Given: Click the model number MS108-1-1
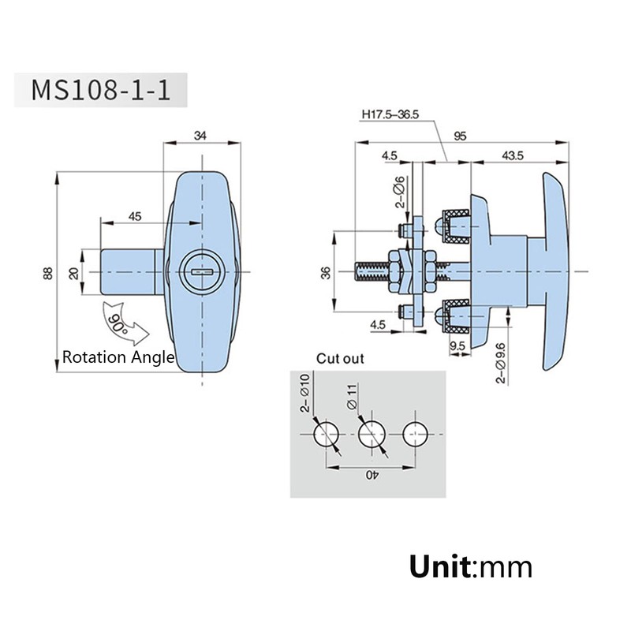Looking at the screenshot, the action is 101,90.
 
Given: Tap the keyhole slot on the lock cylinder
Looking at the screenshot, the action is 202,272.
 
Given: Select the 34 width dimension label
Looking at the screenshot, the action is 200,136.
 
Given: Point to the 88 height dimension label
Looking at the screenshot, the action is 48,273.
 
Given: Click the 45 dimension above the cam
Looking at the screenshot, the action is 135,216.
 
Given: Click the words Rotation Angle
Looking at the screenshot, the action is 118,357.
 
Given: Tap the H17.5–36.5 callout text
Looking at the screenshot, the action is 390,114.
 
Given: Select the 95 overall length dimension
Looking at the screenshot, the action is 460,136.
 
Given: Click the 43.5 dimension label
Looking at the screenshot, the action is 513,155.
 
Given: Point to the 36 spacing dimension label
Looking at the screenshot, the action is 326,272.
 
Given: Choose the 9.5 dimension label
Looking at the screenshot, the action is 457,345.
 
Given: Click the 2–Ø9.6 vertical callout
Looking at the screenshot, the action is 501,363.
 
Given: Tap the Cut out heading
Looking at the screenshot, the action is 340,359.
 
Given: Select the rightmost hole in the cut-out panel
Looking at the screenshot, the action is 416,435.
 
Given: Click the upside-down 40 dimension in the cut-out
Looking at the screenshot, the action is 372,476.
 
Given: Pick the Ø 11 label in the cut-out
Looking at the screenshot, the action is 352,397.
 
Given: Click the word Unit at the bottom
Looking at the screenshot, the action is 439,566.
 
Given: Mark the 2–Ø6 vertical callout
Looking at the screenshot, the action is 400,192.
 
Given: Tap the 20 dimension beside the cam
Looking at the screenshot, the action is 73,274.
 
